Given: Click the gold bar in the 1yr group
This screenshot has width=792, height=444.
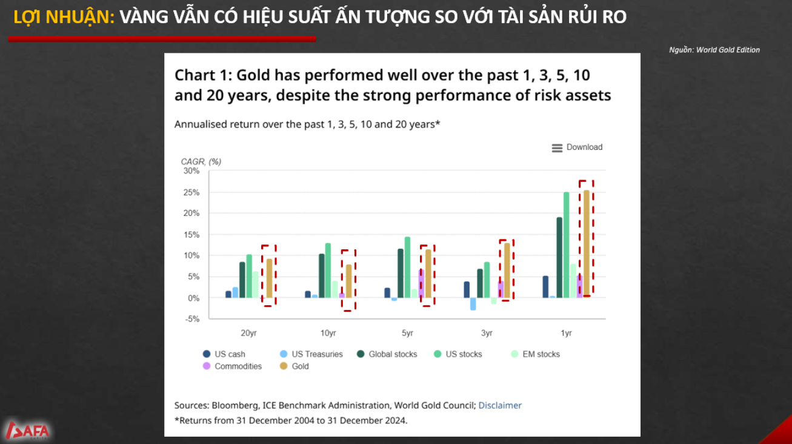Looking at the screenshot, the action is point(586,244).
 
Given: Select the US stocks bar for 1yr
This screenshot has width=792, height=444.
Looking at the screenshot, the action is point(566,245).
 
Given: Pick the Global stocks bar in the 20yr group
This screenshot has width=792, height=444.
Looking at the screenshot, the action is point(242,280).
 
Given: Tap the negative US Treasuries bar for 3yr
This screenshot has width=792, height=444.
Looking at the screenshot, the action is point(473,304).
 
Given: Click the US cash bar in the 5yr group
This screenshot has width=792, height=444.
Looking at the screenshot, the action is point(387,293).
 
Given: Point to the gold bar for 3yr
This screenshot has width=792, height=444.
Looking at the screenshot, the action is point(507,271).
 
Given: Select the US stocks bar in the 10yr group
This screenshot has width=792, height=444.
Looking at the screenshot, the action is point(328,271).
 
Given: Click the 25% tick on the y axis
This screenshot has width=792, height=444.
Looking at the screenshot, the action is point(191,192).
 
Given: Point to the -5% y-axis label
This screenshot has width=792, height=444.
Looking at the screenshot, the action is point(192,319).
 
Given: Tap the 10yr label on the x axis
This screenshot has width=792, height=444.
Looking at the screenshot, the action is point(328,333).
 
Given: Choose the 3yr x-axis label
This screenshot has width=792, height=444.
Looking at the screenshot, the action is point(487,333).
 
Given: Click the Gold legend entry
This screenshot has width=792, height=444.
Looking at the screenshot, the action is point(294,366).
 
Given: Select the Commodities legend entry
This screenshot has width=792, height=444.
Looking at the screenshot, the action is point(232,366).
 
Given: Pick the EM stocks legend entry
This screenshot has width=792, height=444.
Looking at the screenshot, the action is point(535,354).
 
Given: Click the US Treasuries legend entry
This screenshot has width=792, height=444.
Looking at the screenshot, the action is point(311,354).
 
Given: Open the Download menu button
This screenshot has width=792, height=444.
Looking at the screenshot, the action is point(577,147).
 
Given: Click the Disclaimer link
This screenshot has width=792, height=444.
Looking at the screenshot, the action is point(500,405).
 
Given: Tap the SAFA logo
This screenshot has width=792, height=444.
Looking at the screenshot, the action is point(28,431).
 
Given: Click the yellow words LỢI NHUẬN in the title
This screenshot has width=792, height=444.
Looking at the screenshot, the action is point(64,18).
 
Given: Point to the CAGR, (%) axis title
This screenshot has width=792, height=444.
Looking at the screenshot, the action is point(201,162).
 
